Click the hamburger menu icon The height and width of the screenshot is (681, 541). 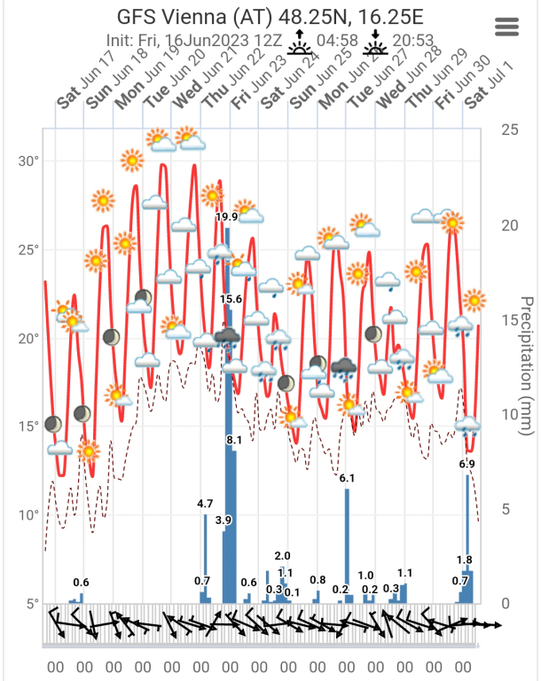click(506, 27)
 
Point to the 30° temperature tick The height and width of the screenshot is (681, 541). click(29, 161)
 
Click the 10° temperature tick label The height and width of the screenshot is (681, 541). click(29, 515)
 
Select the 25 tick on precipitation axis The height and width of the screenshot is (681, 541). click(510, 129)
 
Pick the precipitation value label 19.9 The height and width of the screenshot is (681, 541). click(227, 217)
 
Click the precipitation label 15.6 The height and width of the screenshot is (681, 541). click(231, 300)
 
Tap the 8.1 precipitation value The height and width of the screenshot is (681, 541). click(235, 440)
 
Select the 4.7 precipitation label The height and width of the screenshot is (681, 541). click(205, 504)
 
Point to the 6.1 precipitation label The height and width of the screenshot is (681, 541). click(347, 479)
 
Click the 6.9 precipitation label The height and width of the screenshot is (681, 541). click(467, 464)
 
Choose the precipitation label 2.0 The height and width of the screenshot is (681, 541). click(283, 556)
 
